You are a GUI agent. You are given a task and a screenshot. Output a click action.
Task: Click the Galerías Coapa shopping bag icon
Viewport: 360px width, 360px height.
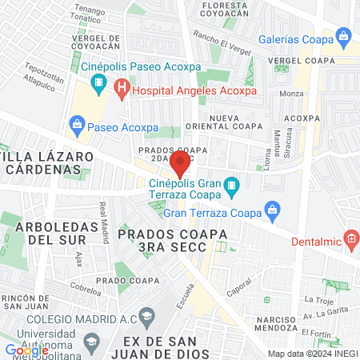click(344, 35)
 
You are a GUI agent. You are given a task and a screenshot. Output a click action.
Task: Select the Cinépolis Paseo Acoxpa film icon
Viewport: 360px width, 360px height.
click(98, 82)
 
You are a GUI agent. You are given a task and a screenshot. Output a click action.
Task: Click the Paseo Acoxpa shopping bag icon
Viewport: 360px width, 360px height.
click(77, 123)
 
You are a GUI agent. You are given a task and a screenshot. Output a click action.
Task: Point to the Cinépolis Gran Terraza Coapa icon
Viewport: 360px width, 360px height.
click(232, 188)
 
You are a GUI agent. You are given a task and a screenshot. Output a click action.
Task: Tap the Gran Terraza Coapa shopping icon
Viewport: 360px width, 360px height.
click(273, 212)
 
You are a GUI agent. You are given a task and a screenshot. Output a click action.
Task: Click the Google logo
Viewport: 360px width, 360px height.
click(26, 350)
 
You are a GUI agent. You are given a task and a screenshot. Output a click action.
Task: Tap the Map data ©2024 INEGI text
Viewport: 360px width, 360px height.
click(311, 353)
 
